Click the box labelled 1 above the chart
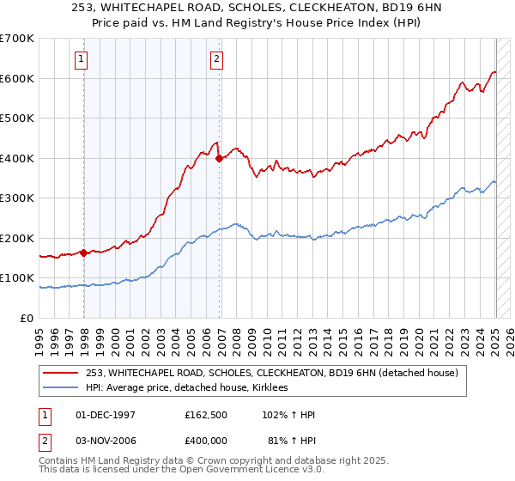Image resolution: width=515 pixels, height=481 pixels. [81, 59]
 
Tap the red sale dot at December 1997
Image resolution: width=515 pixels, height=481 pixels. [83, 253]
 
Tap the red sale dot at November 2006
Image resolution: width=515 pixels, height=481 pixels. [219, 158]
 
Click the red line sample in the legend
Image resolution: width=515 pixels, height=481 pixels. [60, 373]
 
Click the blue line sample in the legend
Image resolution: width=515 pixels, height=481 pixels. [60, 388]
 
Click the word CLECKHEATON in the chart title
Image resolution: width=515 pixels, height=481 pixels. [298, 10]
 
